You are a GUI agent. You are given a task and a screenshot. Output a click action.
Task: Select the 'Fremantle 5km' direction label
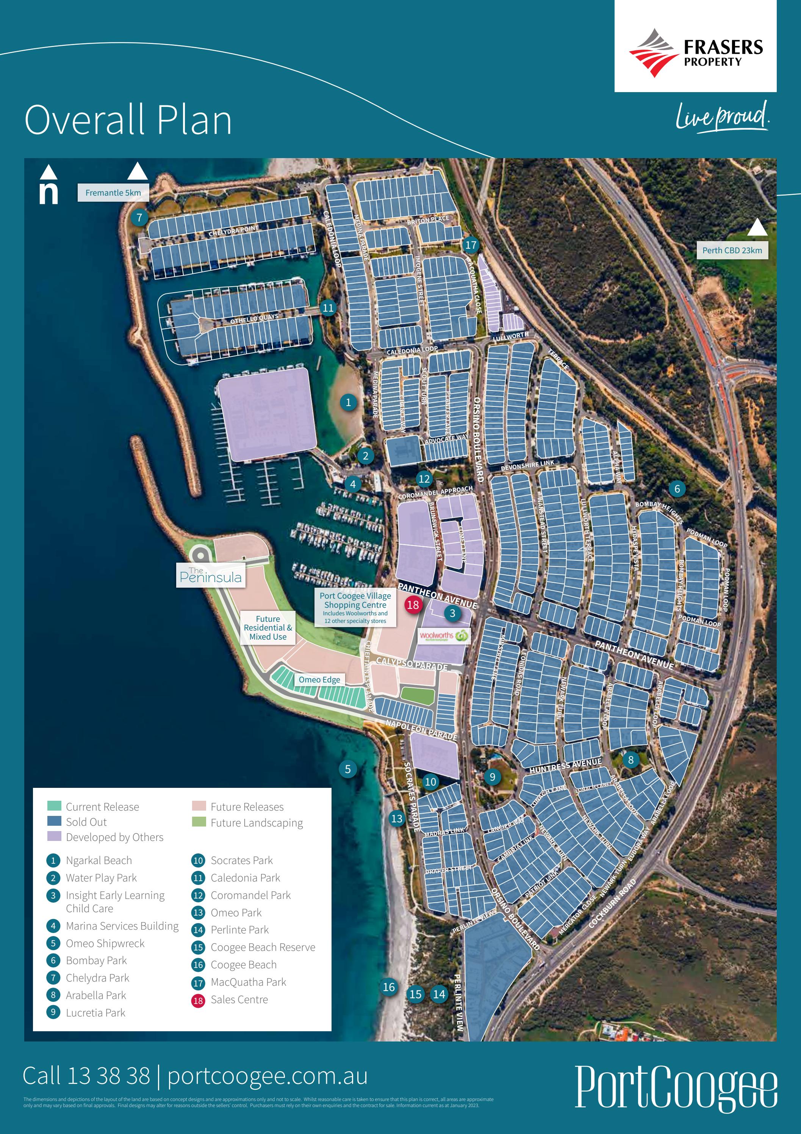tap(113, 193)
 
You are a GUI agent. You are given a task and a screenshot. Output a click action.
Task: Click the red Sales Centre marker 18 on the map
tap(413, 605)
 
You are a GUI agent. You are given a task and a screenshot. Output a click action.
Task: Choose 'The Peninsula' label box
tap(211, 576)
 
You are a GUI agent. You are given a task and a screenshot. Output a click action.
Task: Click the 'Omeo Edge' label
tap(319, 680)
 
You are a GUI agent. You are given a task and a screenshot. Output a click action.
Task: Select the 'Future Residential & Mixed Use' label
tap(268, 628)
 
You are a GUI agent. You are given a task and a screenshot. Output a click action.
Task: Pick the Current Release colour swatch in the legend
tap(54, 806)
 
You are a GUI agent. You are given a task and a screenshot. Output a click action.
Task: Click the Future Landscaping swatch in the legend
tap(199, 822)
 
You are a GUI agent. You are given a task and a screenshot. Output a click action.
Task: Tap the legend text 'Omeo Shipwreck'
tap(105, 943)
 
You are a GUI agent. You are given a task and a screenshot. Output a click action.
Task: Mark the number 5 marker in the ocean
tap(348, 769)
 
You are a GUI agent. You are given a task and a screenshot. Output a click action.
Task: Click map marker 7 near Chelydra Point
tap(139, 217)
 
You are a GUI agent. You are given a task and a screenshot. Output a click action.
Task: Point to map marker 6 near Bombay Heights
tap(677, 488)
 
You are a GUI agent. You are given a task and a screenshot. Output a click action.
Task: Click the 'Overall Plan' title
tap(128, 120)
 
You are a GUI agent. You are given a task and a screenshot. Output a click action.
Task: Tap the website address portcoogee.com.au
tap(268, 1076)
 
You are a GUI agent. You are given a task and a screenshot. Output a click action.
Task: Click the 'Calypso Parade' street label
tap(411, 663)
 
